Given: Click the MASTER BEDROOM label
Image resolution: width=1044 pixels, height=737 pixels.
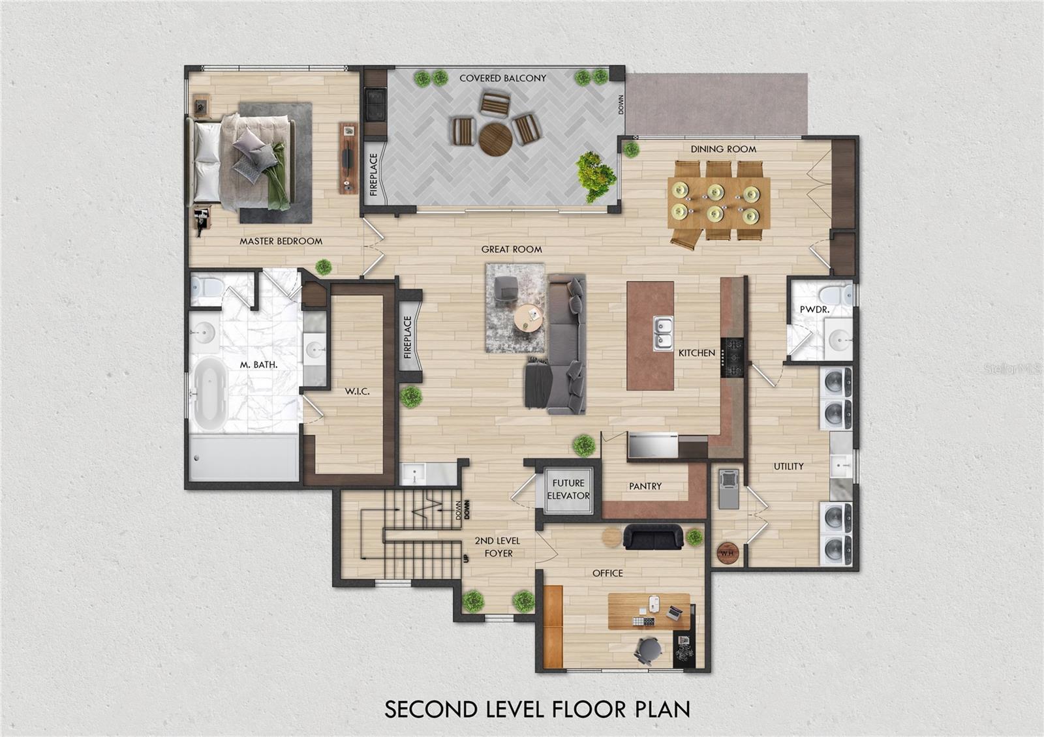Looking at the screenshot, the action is pos(281,241).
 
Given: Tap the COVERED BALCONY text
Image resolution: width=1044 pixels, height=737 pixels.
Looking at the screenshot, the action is pos(503,78).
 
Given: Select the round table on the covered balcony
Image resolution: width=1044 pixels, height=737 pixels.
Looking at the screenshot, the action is pos(496,139).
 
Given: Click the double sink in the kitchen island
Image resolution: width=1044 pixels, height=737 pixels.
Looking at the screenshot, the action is pos(663,333).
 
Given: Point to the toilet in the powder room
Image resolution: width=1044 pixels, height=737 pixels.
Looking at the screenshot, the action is pos(836,294).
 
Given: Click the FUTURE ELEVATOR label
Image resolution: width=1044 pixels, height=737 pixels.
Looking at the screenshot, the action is pos(568,490).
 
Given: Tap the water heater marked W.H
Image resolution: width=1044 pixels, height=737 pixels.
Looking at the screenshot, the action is pos(728,554).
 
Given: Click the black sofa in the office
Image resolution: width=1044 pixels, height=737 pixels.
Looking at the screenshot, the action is pos(653,537).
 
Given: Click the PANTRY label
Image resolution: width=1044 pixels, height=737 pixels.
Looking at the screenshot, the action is pos(645,487).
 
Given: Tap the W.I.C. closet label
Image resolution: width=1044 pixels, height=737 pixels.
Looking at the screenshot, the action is pos(358,391).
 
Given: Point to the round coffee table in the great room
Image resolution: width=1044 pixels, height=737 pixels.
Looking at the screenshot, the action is pos(529,318).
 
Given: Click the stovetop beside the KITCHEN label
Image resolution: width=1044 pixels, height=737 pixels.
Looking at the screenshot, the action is pos(732,357).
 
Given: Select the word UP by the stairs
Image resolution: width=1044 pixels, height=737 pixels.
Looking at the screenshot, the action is pos(467,558).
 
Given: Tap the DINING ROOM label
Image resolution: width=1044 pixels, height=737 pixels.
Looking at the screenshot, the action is pos(724,149).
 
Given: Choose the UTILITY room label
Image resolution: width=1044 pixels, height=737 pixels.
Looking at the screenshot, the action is pos(789,466).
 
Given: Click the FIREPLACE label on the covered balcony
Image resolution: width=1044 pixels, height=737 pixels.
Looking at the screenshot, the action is pos(373,175).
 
